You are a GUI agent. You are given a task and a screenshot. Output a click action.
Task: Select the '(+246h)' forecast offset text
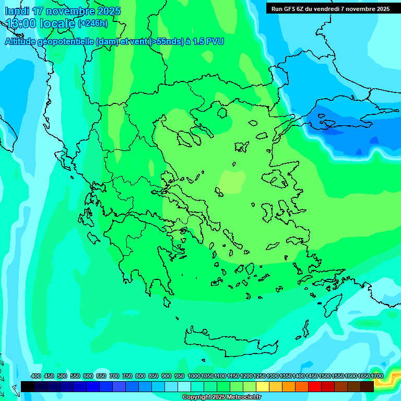[x=92, y=23]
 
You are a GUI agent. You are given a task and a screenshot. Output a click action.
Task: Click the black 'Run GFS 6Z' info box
[x=330, y=8]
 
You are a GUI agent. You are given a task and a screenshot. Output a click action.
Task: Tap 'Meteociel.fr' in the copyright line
[x=241, y=397]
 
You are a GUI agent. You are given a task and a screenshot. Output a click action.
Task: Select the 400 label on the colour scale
[x=36, y=376]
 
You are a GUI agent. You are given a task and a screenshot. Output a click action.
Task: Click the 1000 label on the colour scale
[x=194, y=376]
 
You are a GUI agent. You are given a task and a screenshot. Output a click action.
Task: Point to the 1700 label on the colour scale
[x=377, y=376]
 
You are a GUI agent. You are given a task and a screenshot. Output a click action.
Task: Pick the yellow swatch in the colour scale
[x=263, y=386]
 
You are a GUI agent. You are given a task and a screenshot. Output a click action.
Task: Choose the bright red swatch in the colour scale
[x=315, y=386]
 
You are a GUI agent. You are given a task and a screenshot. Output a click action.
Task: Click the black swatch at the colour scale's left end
[x=28, y=386]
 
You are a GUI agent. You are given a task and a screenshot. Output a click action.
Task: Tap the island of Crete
[x=230, y=339]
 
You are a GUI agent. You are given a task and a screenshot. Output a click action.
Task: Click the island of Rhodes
[x=332, y=305]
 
